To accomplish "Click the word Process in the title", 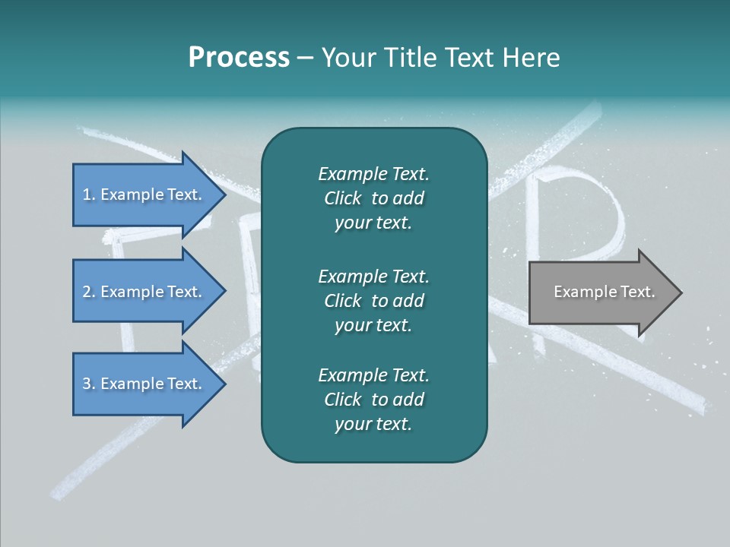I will (239, 58).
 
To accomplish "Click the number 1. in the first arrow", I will (89, 194).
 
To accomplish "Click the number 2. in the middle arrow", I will (89, 292).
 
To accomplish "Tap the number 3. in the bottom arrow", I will (89, 384).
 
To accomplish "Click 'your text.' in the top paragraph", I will (373, 223).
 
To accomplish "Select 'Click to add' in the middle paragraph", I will (373, 301).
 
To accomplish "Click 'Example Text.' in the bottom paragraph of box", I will (373, 375).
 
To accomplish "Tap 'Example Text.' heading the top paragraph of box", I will (373, 174).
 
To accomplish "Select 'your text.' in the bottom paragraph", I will (373, 425).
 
